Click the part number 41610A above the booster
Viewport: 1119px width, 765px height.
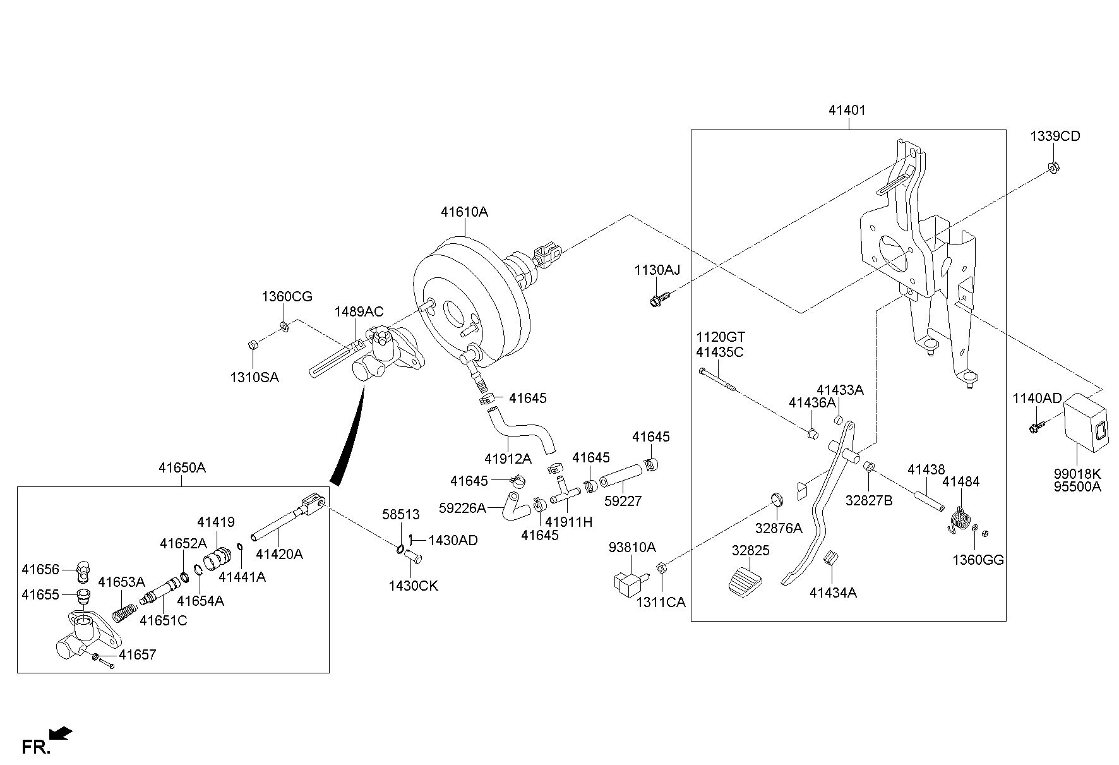click(x=464, y=212)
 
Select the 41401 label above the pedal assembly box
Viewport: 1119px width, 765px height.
click(x=847, y=111)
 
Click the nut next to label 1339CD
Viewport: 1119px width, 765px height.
click(x=1053, y=168)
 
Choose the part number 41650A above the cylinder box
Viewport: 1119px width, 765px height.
click(x=182, y=468)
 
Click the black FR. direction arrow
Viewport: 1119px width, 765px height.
click(x=61, y=733)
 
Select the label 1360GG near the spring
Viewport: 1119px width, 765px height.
click(x=978, y=560)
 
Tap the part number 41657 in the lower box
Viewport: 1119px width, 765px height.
click(x=138, y=655)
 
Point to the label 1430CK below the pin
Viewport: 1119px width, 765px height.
click(x=413, y=586)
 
